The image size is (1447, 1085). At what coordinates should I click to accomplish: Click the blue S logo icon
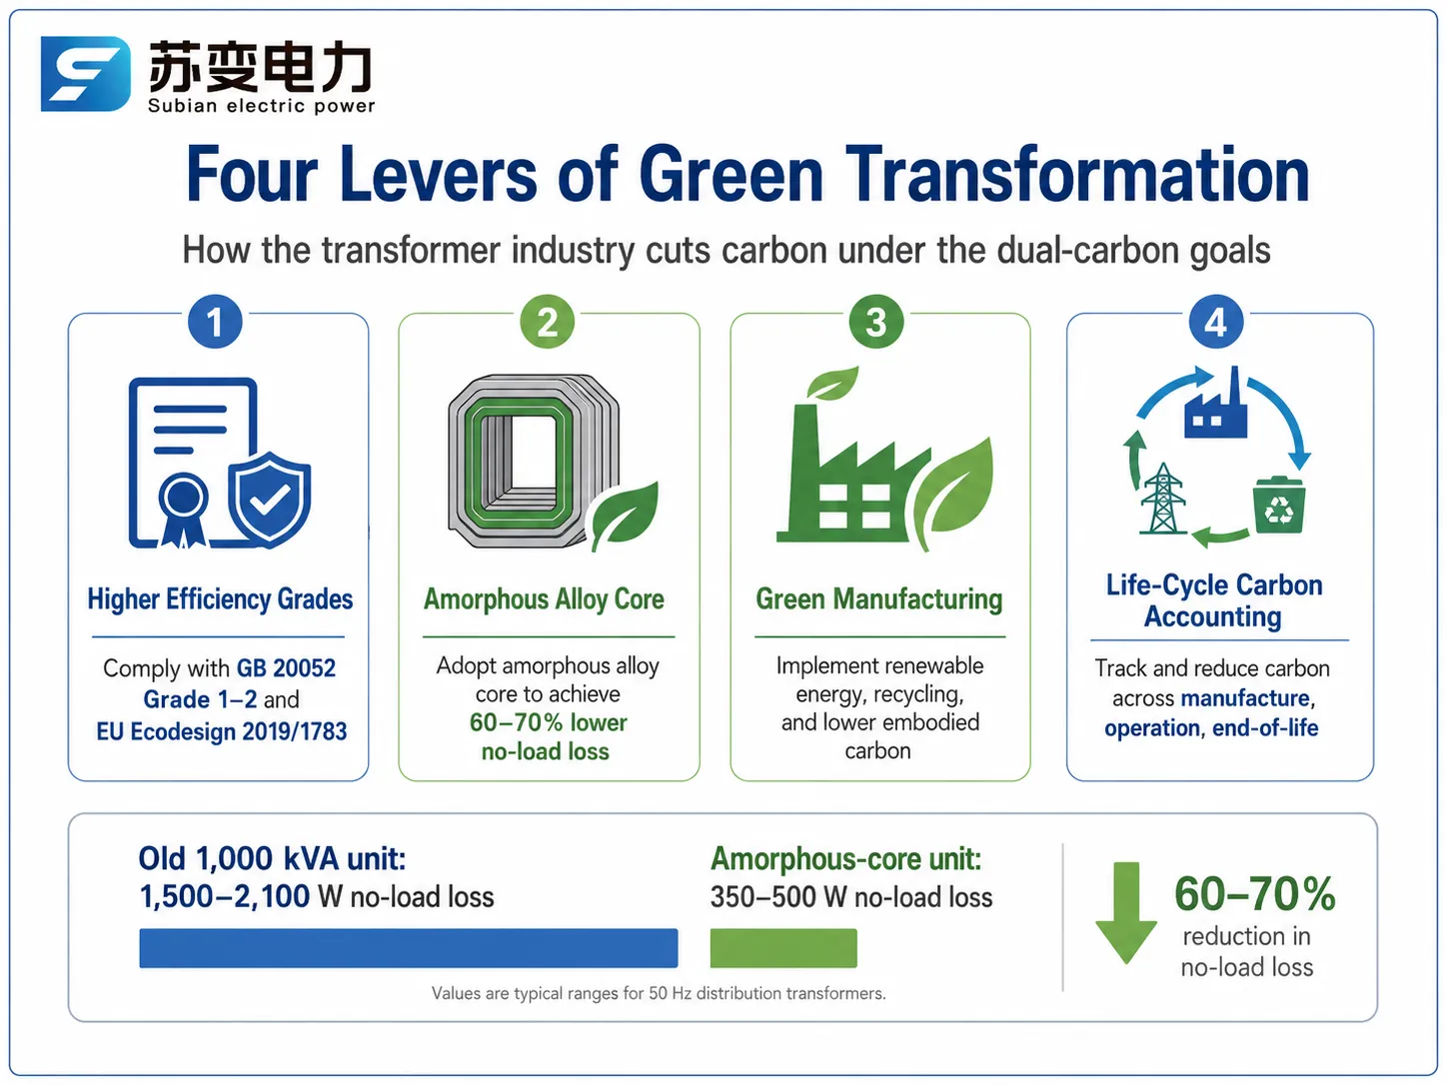[x=86, y=73]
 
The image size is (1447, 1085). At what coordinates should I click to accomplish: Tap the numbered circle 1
[x=215, y=322]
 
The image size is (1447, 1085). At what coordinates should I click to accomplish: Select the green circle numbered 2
[x=548, y=322]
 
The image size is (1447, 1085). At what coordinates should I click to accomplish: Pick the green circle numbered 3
[x=876, y=322]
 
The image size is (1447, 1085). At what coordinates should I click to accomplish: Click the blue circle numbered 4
[x=1216, y=322]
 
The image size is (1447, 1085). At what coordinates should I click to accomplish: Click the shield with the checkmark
[x=270, y=499]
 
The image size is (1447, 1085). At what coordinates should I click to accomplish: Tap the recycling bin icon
[x=1279, y=505]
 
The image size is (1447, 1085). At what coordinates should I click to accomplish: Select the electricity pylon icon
[x=1163, y=498]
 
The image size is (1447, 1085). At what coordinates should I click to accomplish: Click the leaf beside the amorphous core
[x=624, y=515]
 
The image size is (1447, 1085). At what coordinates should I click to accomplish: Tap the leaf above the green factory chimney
[x=832, y=383]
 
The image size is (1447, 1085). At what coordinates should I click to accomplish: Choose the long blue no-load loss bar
[x=409, y=948]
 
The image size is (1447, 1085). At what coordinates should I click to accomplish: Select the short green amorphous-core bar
[x=783, y=948]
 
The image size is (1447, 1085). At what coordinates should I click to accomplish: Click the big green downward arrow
[x=1126, y=912]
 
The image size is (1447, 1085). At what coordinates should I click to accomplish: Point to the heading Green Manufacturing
[x=879, y=599]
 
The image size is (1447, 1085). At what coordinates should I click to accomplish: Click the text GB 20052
[x=286, y=668]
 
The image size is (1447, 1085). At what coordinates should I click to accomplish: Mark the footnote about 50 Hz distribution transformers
[x=659, y=993]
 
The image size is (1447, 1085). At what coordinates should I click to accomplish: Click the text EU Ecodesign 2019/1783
[x=222, y=731]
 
